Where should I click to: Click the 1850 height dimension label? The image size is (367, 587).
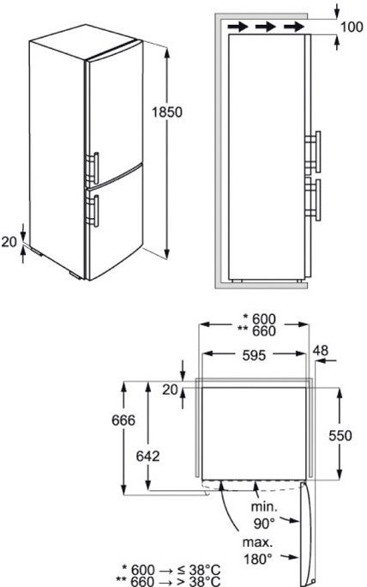coord(167,112)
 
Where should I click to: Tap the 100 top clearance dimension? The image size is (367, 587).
coord(352,27)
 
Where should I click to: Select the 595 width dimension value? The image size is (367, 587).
coord(254,355)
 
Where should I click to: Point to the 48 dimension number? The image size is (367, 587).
coord(321,350)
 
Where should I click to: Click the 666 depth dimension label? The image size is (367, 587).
coord(123,420)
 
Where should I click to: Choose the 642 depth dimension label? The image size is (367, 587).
coord(147,456)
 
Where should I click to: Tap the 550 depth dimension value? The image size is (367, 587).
coord(340,435)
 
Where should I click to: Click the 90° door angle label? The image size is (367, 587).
coord(264,523)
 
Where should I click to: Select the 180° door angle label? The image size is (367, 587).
coord(258,560)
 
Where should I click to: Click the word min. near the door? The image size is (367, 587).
coord(264,507)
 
